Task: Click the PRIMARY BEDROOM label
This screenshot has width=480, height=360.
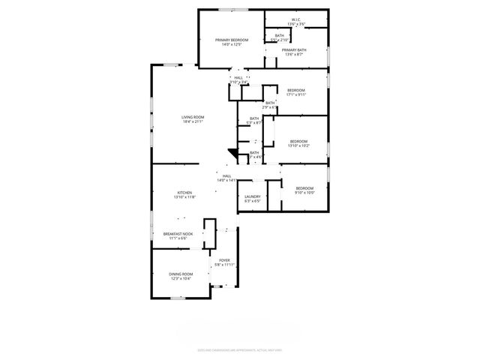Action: [x=232, y=40]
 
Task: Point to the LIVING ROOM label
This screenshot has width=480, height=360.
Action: [x=193, y=117]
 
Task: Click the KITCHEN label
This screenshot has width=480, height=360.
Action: [x=184, y=193]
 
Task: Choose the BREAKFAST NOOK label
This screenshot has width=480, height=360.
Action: [x=178, y=234]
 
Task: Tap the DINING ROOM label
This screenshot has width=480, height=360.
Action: [x=181, y=274]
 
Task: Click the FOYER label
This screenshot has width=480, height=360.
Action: [x=224, y=260]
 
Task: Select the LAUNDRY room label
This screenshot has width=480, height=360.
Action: [x=252, y=196]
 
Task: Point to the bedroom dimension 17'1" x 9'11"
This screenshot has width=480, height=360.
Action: [x=296, y=94]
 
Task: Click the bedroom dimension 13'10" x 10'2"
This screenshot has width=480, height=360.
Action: [x=299, y=145]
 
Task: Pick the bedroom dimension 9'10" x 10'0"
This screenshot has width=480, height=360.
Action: [x=304, y=192]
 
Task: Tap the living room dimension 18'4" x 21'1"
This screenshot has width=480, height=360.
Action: [x=193, y=121]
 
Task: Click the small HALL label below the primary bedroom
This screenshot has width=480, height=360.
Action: [x=238, y=77]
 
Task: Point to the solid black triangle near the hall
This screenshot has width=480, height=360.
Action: [x=233, y=153]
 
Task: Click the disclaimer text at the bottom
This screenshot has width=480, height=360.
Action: [x=240, y=349]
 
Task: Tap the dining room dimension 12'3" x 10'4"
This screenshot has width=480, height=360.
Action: [x=181, y=278]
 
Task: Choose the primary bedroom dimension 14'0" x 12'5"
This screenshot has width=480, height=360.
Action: [x=232, y=44]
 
